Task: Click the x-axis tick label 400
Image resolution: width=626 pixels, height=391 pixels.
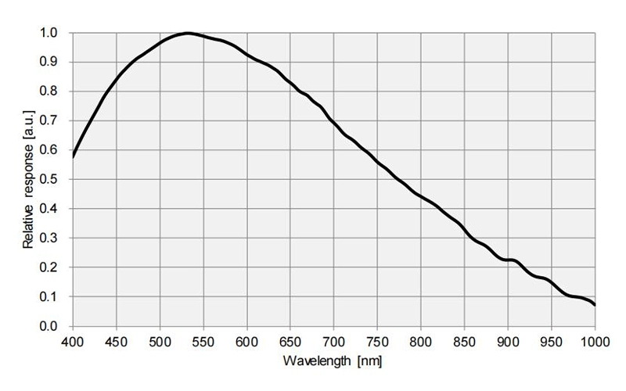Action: coord(73,341)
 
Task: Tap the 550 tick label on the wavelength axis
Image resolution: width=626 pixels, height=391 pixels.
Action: coord(203,341)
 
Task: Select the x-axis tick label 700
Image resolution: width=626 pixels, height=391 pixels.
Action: coord(334,341)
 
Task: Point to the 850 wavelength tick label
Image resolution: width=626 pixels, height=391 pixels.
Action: coord(465,341)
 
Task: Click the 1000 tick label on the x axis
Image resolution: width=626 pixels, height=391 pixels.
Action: coord(593,341)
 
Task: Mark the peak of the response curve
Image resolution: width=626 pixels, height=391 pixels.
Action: coord(187,34)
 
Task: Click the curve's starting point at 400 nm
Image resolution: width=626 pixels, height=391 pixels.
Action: coord(73,156)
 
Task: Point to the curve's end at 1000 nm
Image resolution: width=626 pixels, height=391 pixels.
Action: coord(595,304)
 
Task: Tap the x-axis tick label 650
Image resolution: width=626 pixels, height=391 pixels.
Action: coord(290,341)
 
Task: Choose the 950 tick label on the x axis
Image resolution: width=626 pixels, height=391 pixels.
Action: coord(552,341)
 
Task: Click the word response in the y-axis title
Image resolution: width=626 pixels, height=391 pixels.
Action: coord(28,174)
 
